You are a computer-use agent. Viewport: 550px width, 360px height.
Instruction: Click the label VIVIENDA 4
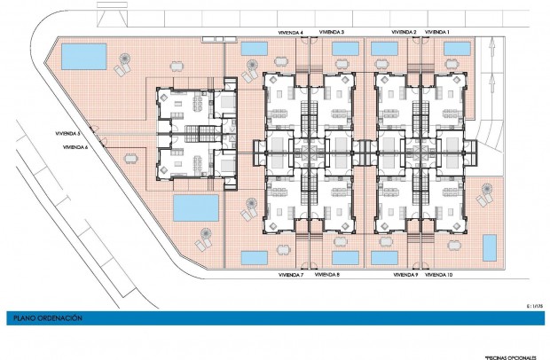click(289, 32)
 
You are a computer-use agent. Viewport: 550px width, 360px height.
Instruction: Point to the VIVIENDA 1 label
click(437, 32)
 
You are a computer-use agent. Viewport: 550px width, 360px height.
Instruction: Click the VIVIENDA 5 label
click(68, 134)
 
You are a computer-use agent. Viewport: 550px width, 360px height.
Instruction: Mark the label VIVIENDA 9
click(405, 276)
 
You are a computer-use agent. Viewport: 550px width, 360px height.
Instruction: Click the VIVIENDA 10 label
click(439, 276)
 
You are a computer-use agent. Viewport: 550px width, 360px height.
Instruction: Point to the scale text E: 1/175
click(533, 305)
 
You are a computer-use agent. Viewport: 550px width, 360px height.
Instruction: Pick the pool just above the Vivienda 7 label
click(255, 257)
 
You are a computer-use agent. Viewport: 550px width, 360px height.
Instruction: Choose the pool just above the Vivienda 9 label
click(383, 257)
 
